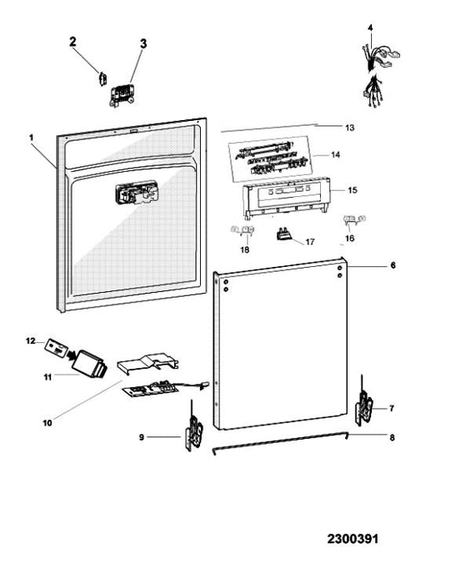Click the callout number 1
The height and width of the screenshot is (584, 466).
(32, 138)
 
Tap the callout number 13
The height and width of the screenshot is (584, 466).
(349, 128)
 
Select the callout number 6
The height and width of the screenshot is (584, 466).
(393, 265)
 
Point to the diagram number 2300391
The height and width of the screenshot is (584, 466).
(353, 539)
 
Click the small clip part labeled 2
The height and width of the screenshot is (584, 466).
(103, 79)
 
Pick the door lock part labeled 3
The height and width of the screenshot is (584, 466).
(122, 95)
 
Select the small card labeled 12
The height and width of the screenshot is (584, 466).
(56, 348)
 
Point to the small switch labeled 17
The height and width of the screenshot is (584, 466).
(284, 234)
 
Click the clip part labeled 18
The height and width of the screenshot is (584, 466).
(243, 230)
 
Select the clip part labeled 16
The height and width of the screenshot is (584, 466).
(353, 219)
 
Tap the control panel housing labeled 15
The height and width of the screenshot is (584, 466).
(286, 198)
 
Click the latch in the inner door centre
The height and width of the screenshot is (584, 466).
(137, 193)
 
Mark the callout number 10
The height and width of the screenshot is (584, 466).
(48, 423)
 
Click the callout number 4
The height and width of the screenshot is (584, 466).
(370, 28)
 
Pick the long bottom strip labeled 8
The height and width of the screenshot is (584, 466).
(280, 443)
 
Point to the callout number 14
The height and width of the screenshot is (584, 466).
(335, 154)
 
